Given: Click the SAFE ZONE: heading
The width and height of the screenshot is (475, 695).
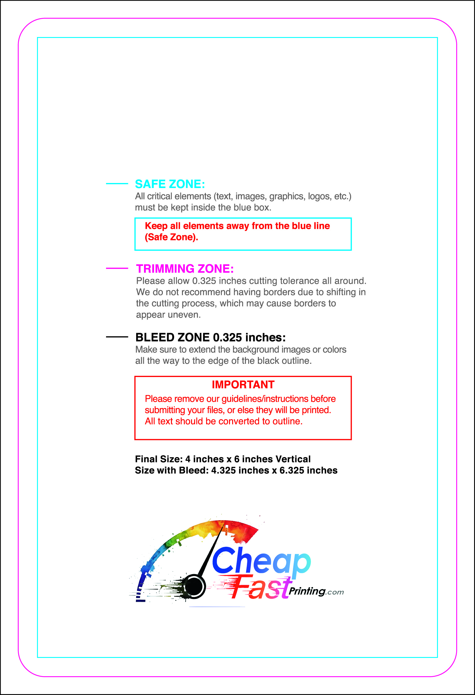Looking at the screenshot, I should (170, 184).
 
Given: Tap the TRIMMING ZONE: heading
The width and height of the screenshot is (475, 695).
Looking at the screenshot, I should (185, 269).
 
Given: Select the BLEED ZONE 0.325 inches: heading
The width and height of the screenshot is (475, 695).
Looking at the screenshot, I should (211, 337).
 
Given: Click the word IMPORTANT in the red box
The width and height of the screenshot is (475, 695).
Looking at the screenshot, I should (243, 385).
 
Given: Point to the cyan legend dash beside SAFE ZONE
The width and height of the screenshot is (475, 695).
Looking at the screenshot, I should (117, 184).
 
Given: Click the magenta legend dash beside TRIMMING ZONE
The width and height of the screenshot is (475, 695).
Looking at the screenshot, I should (117, 268).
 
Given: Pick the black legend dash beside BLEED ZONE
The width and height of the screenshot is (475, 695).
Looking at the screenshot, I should (117, 337).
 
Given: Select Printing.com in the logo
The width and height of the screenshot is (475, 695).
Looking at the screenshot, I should (316, 591).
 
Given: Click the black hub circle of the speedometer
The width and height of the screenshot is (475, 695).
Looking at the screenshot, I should (194, 586).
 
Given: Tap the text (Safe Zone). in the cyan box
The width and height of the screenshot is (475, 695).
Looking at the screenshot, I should (171, 237).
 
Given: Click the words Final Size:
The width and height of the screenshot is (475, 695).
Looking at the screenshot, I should (159, 459).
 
